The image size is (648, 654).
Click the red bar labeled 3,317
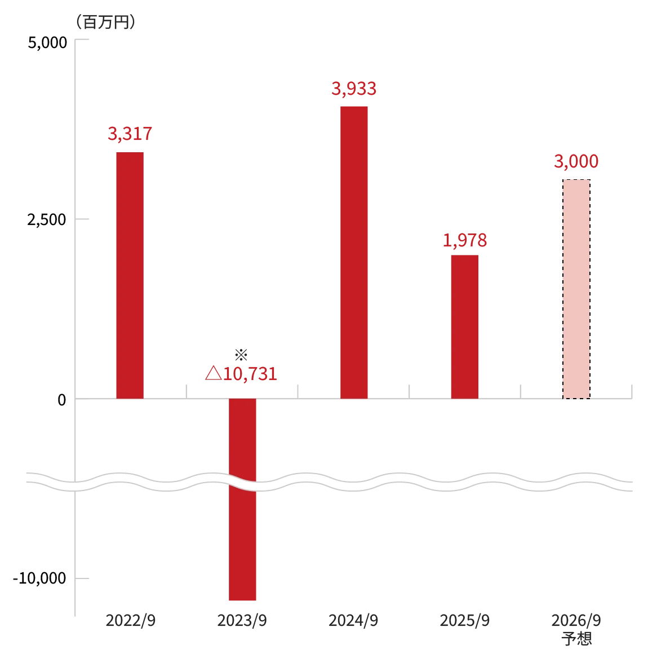(x=129, y=274)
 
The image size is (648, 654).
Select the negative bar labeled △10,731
(x=241, y=501)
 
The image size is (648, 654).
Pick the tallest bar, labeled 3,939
(x=354, y=251)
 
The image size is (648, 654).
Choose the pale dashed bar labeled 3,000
(x=576, y=289)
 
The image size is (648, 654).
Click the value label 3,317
(x=129, y=135)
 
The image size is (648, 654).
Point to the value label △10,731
(x=241, y=373)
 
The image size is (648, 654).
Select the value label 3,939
(x=354, y=89)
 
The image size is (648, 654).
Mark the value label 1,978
(x=464, y=240)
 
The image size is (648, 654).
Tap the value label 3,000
(x=575, y=162)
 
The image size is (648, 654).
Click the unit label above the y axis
(x=106, y=23)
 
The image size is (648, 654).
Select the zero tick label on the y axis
(x=60, y=399)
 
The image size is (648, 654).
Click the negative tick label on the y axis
(x=39, y=579)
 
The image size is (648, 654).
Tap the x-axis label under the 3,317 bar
(x=130, y=620)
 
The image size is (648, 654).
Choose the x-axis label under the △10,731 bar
(x=243, y=620)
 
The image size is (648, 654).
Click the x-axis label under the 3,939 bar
(x=354, y=620)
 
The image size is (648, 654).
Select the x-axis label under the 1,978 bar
(x=464, y=620)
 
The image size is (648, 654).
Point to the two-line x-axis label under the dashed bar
(x=576, y=629)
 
